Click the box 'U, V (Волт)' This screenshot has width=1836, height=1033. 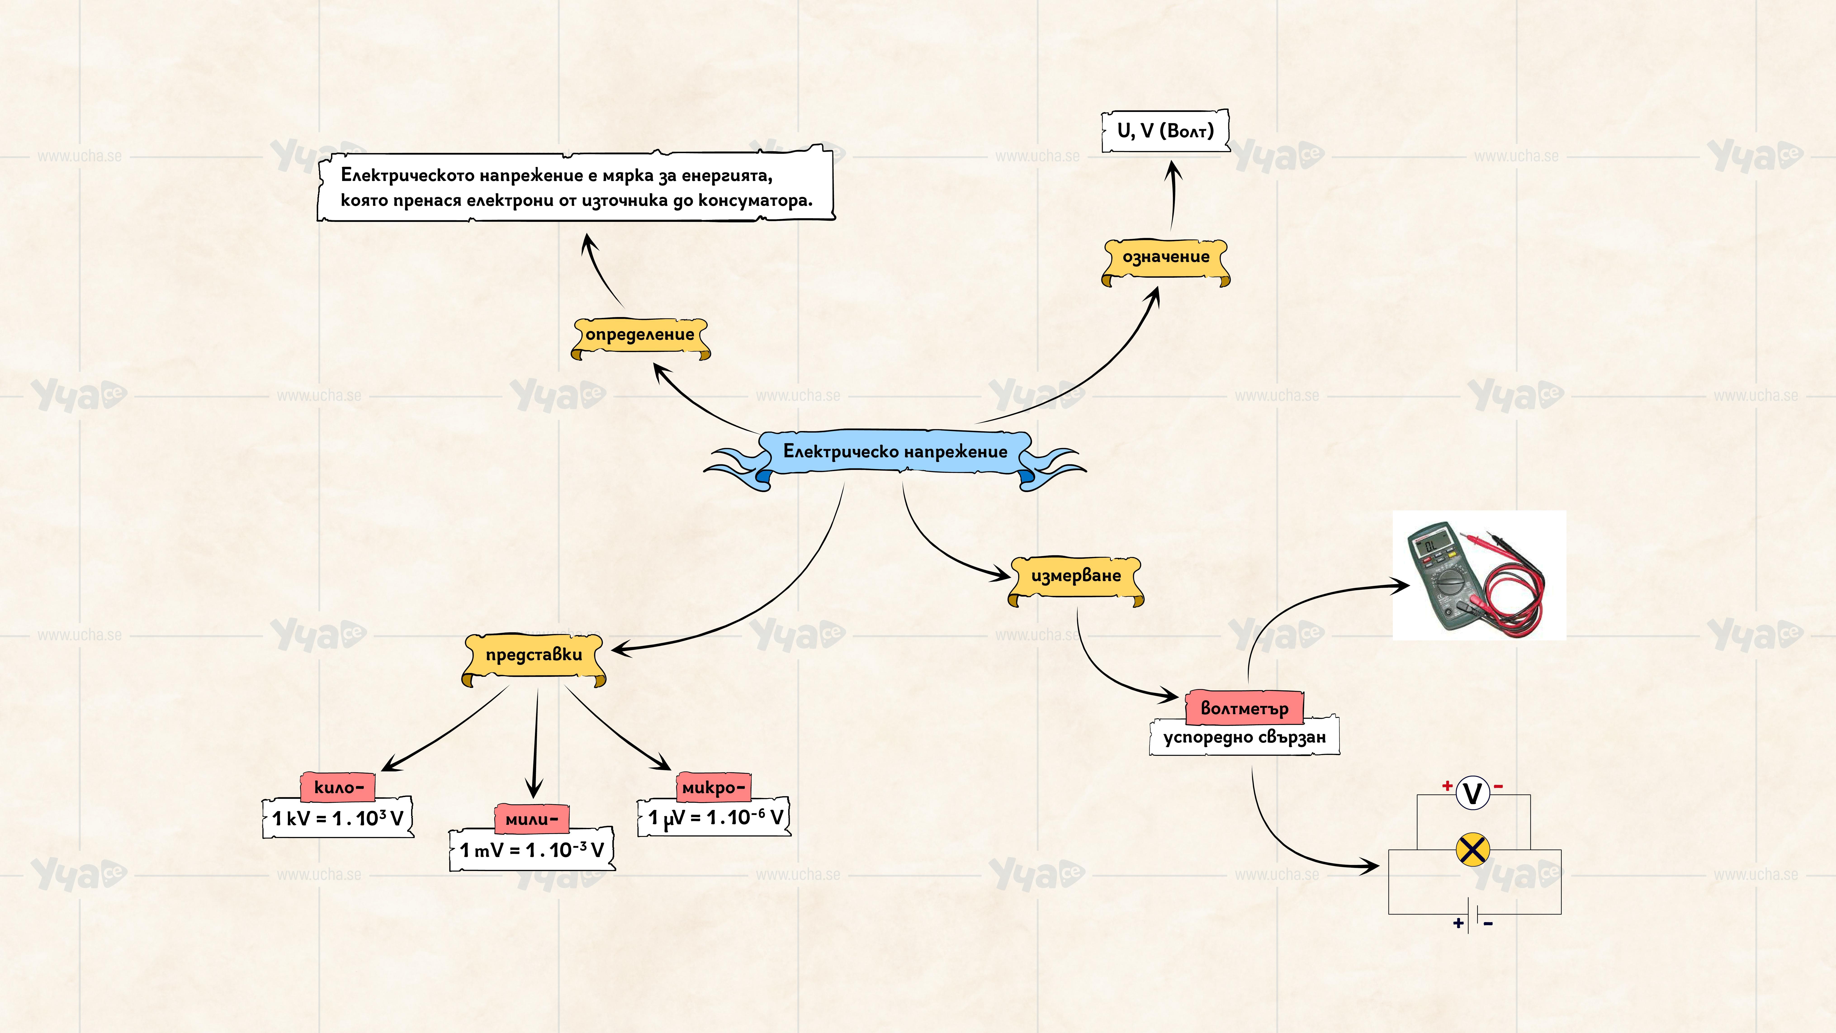[x=1165, y=131]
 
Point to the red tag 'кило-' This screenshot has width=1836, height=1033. [x=338, y=787]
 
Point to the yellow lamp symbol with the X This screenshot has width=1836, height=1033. [x=1472, y=850]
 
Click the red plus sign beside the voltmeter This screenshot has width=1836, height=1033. [x=1447, y=786]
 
